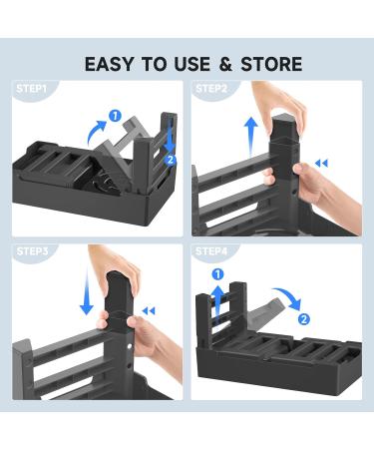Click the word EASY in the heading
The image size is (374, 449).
pyautogui.click(x=110, y=64)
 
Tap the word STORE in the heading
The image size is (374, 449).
pyautogui.click(x=271, y=64)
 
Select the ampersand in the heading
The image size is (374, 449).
pyautogui.click(x=225, y=64)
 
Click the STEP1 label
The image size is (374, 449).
pyautogui.click(x=32, y=89)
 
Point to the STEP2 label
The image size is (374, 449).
pyautogui.click(x=211, y=89)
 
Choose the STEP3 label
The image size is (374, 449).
pyautogui.click(x=32, y=251)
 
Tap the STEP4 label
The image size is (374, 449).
pyautogui.click(x=211, y=251)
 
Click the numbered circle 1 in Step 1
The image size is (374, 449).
pyautogui.click(x=115, y=116)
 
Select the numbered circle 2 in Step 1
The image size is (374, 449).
pyautogui.click(x=171, y=160)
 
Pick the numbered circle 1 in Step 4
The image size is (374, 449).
pyautogui.click(x=217, y=274)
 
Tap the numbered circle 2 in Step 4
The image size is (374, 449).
pyautogui.click(x=303, y=319)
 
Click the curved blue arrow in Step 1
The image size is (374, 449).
pyautogui.click(x=96, y=132)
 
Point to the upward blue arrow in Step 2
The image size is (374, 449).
pyautogui.click(x=251, y=137)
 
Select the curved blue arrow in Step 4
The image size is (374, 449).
pyautogui.click(x=288, y=297)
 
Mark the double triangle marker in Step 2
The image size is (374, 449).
pyautogui.click(x=321, y=164)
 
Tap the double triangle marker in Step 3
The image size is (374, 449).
pyautogui.click(x=149, y=311)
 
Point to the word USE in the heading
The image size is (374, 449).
pyautogui.click(x=192, y=64)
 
